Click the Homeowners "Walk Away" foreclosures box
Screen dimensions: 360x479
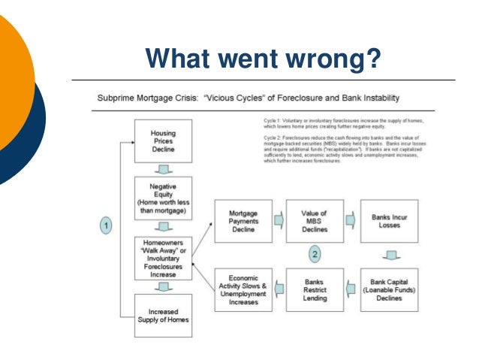[163, 256]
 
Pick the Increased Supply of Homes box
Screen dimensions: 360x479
[163, 313]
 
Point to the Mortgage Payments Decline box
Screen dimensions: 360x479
[243, 221]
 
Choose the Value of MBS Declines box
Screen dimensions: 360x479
[315, 221]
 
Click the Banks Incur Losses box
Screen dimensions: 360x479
[389, 221]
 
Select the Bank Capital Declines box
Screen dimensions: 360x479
[389, 289]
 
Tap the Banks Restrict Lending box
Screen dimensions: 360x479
[315, 289]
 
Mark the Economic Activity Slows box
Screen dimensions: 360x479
[243, 289]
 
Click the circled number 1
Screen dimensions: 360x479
[107, 225]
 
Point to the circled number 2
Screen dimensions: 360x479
[315, 255]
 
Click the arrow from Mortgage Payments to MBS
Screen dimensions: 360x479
[279, 221]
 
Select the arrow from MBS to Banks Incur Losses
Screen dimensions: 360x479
[351, 221]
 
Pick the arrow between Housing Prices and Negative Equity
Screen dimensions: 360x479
[163, 169]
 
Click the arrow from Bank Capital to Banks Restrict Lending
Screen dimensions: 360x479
[351, 290]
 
